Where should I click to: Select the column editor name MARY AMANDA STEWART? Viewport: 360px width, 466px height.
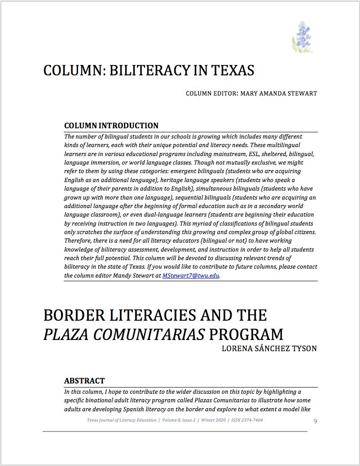tap(279, 94)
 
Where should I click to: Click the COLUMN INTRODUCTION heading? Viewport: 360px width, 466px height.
tap(111, 126)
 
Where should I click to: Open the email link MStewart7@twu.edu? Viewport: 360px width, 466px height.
tap(191, 276)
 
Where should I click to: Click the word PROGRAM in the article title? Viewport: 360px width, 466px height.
tap(246, 335)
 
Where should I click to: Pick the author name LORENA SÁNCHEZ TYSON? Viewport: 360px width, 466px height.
tap(269, 348)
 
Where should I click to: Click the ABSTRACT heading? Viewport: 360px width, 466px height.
tap(84, 381)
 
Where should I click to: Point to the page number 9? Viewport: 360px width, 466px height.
tap(316, 421)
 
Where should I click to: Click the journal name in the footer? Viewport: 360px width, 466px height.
tap(122, 420)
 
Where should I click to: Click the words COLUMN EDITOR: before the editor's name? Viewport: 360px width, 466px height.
tap(211, 94)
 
